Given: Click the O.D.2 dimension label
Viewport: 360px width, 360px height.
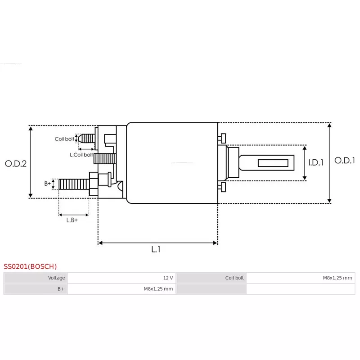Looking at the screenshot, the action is point(16,163).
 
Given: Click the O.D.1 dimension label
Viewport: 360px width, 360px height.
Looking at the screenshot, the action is point(344,160).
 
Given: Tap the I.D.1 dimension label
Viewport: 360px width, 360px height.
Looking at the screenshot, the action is point(316,162).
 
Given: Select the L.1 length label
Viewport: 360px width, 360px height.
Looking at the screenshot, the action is point(156,249).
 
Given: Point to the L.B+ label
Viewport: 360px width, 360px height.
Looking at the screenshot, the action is point(72,220).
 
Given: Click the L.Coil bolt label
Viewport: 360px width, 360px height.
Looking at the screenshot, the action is point(81,155).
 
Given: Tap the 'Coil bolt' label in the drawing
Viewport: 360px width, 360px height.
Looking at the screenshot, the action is point(64,139).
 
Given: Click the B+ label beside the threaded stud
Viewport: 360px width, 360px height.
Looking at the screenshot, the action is point(47,184).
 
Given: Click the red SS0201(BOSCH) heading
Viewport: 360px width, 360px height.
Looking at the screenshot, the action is point(30,266).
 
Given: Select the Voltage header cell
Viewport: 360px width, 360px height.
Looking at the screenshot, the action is point(36,278).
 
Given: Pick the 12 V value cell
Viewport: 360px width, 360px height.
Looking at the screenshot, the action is point(121,278).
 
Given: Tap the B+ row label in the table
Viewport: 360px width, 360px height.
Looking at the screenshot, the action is point(36,289).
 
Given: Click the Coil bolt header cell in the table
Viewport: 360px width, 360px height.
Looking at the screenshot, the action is point(211,278).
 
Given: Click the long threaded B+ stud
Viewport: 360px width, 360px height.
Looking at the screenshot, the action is point(74,184).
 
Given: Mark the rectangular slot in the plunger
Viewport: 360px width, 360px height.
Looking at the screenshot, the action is point(273,163).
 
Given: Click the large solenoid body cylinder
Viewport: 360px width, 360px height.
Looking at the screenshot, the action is point(172,163).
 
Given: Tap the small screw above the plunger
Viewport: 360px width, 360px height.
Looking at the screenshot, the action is point(222,138).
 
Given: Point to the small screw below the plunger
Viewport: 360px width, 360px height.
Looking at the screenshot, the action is point(222,187).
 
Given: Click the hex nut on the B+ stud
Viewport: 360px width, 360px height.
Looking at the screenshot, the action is point(94,184).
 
